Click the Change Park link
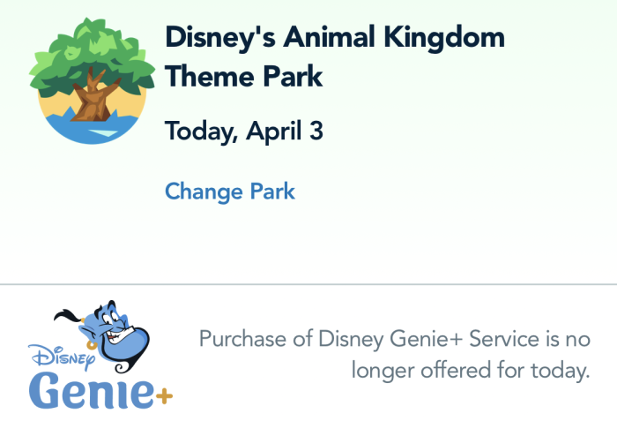tap(230, 192)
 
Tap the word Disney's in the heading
tap(220, 38)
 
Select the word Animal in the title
tap(329, 37)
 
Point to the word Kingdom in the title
tap(444, 37)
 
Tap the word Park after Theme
tap(293, 76)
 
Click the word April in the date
tap(274, 132)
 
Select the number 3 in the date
tap(316, 131)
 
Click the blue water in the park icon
tap(92, 128)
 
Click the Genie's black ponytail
tap(68, 315)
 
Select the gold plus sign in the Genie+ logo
tap(164, 395)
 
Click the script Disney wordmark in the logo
tap(62, 357)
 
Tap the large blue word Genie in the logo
tap(92, 390)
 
